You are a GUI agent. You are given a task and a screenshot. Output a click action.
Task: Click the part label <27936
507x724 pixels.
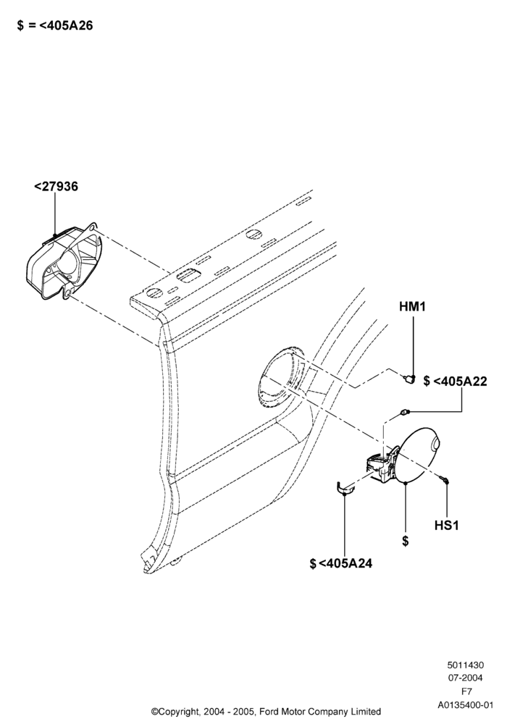pos(56,187)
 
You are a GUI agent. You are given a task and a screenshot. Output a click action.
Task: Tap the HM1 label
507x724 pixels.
pos(412,306)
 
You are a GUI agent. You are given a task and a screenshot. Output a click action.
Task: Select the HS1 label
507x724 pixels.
pos(446,526)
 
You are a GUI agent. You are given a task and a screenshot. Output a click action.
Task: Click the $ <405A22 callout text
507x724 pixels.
pos(455,382)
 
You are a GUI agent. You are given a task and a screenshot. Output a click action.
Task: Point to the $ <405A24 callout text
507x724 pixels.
pos(340,563)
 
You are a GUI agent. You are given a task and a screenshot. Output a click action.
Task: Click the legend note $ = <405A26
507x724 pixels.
pos(55,26)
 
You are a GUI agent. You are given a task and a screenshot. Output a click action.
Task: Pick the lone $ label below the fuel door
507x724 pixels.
pos(405,541)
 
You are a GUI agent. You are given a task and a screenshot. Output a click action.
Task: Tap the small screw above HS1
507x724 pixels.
pos(445,481)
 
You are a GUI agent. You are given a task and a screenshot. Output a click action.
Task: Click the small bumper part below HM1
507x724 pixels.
pos(408,379)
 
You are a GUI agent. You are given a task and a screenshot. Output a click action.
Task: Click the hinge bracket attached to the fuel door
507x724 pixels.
pos(382,466)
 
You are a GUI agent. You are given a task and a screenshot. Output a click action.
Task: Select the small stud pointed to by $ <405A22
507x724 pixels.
pos(404,413)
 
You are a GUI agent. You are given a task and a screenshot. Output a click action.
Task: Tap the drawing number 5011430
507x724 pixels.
pos(466,665)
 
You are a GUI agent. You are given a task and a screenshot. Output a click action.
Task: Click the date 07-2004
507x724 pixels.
pos(466,678)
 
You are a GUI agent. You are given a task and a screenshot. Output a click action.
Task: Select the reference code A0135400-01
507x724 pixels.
pos(466,705)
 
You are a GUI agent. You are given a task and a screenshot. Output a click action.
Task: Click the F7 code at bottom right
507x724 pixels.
pos(467,691)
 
